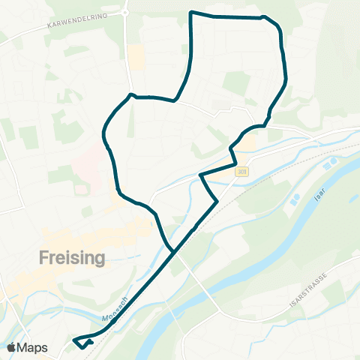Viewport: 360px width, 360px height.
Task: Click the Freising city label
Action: click(x=71, y=258)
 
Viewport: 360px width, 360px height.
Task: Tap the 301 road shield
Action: click(x=241, y=172)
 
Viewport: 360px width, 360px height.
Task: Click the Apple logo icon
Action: click(x=11, y=347)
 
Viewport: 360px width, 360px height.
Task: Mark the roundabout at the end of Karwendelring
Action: click(x=126, y=12)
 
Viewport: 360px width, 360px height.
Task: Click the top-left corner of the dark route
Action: click(x=190, y=13)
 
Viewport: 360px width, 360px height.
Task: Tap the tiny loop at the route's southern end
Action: click(x=82, y=343)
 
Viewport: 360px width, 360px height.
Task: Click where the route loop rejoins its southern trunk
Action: click(x=174, y=250)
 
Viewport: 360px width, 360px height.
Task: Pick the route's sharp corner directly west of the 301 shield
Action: click(x=201, y=175)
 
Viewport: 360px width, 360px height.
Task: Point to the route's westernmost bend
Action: click(x=103, y=135)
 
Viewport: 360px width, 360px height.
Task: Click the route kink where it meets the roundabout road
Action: click(x=131, y=95)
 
